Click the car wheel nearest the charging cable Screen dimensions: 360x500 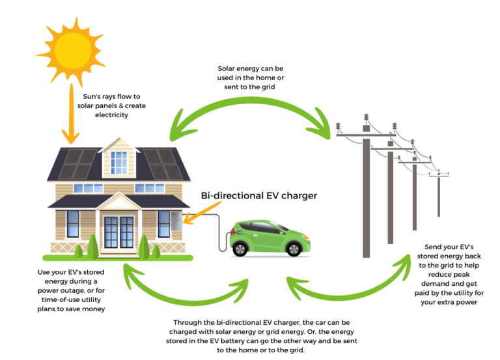point(242,248)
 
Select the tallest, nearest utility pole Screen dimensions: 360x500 point(366,189)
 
